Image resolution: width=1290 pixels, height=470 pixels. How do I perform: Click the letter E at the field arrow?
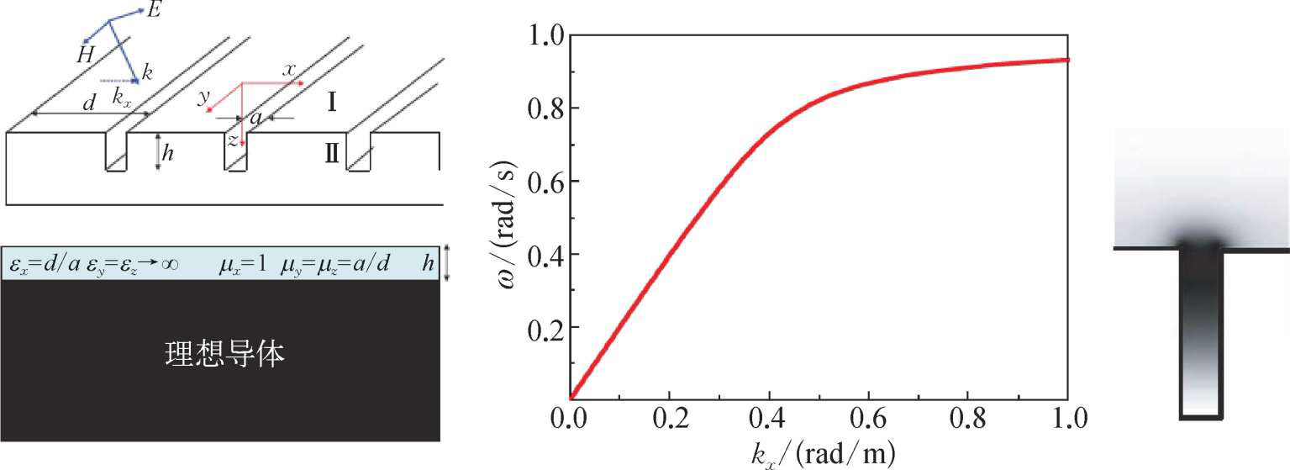pos(153,11)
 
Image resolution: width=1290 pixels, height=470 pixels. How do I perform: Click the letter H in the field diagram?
pos(84,56)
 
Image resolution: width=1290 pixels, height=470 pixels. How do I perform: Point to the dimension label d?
pos(88,103)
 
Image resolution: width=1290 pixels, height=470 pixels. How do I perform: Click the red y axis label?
pos(203,98)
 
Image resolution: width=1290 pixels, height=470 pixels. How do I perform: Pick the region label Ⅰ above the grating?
pos(333,103)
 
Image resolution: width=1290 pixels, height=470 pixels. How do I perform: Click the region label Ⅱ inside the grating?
pos(332,154)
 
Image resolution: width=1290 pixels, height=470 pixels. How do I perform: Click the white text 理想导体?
pos(224,356)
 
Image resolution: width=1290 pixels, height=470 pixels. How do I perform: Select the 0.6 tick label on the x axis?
pos(868,418)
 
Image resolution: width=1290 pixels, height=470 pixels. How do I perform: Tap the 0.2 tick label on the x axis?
pos(669,418)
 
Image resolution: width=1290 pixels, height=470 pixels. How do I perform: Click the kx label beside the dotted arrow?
pos(123,97)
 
